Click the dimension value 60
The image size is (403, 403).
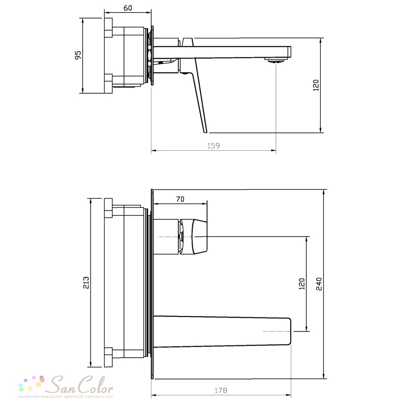[128, 8]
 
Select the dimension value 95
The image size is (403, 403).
[78, 55]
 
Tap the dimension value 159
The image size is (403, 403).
[213, 146]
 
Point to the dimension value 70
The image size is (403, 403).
[180, 199]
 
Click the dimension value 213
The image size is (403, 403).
[86, 283]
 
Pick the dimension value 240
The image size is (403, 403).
[319, 284]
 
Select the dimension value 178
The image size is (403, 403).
[221, 391]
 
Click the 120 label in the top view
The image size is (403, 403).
[316, 85]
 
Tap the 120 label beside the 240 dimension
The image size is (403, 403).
[302, 284]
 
